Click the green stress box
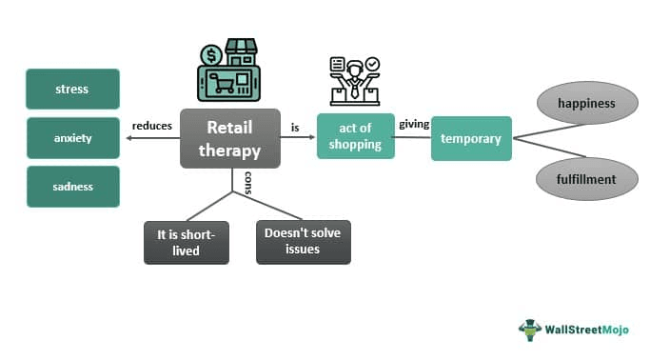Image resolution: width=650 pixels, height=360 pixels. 72,89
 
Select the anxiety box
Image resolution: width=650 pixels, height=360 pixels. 72,138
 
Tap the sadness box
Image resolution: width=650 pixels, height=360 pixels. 72,187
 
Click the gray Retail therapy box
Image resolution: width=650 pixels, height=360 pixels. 229,138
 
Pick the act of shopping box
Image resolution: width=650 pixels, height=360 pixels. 355,137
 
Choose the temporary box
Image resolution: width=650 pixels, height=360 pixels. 471,138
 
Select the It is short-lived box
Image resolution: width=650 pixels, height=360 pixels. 186,242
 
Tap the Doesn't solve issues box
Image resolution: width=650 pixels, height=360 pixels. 303,242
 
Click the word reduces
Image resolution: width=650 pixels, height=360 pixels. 152,126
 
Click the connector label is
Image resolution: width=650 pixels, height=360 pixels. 295,126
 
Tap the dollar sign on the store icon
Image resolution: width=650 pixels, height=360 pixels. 210,53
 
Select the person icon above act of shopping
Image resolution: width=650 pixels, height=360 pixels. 356,74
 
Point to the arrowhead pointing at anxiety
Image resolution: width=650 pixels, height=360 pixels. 128,138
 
